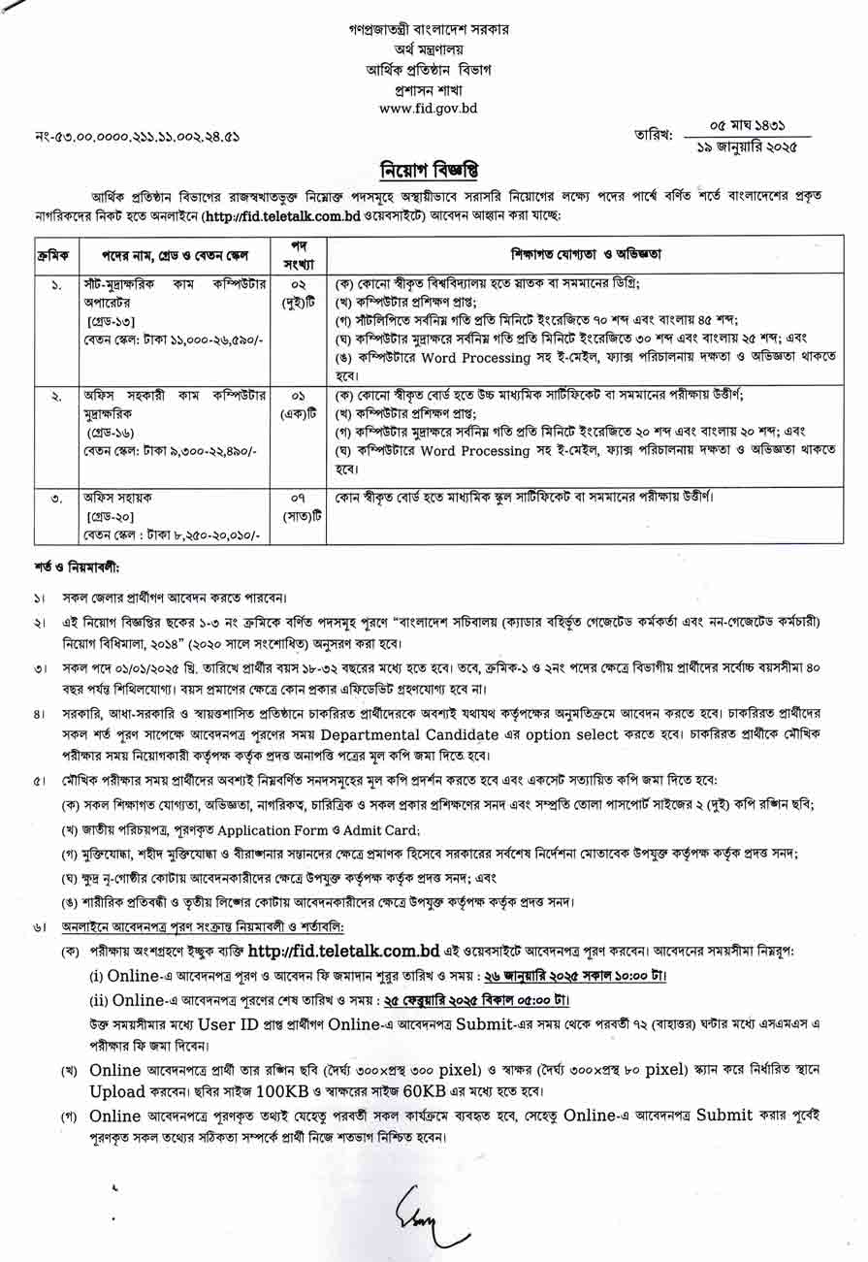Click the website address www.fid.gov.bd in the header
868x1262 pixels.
point(428,109)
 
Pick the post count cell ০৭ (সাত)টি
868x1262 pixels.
point(299,506)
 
